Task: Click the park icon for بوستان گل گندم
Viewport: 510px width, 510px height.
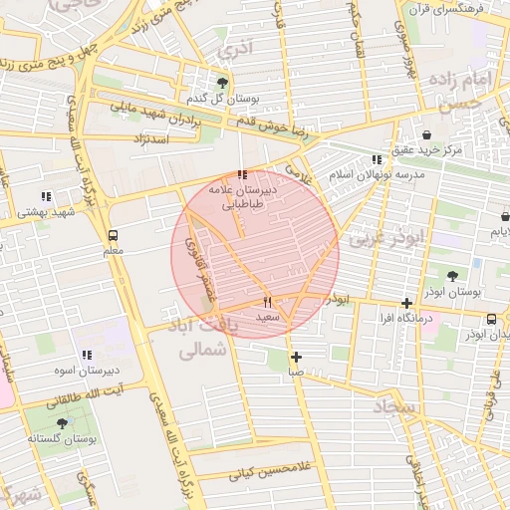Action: (x=221, y=83)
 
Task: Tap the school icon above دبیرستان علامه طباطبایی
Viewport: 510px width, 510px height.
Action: (x=242, y=174)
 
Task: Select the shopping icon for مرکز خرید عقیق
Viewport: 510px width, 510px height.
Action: (x=427, y=134)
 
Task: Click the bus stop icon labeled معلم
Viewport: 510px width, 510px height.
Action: (x=113, y=236)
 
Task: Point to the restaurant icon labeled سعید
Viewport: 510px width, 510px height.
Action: (x=267, y=302)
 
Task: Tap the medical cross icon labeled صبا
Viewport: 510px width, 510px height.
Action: (x=296, y=357)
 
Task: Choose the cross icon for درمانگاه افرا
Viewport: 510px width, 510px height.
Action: (x=406, y=303)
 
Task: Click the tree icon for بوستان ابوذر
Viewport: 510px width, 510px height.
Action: (x=453, y=276)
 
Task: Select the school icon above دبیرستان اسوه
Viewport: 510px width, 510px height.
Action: (x=87, y=354)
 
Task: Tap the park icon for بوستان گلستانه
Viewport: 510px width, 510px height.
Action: (x=62, y=423)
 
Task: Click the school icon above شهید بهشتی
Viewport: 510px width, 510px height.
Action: (x=45, y=196)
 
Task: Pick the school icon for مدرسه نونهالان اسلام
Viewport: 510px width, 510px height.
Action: (x=376, y=159)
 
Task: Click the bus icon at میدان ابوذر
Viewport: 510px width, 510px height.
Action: (x=491, y=319)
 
